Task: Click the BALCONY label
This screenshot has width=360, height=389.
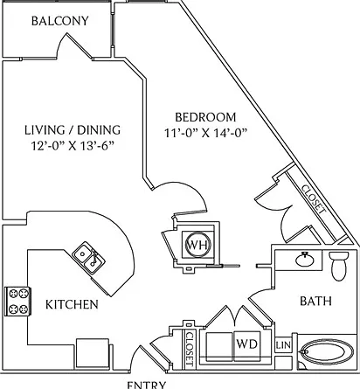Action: click(x=60, y=21)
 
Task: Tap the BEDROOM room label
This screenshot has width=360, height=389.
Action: click(x=205, y=117)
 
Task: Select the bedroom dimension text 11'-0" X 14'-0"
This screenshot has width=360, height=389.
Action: click(x=206, y=133)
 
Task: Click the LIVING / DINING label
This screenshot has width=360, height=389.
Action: click(x=73, y=130)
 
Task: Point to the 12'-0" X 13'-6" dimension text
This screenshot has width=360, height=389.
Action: click(x=73, y=146)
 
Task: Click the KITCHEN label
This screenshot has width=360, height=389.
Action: click(x=72, y=304)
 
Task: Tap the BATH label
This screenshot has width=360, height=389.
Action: click(x=315, y=301)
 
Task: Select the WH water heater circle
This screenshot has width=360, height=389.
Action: click(x=197, y=245)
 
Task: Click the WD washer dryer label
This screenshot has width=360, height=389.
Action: click(x=246, y=344)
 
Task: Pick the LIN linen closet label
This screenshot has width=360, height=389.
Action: click(x=283, y=345)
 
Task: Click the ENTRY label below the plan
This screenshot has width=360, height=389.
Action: click(x=147, y=385)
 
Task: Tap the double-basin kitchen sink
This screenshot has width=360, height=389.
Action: click(x=88, y=258)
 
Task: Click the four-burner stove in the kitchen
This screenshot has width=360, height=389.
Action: click(x=17, y=302)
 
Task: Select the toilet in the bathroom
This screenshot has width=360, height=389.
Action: click(x=339, y=266)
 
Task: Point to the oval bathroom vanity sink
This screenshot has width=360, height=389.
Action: click(x=305, y=259)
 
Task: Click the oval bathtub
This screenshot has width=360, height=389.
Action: click(x=327, y=352)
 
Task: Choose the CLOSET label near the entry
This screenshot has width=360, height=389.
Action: click(x=190, y=349)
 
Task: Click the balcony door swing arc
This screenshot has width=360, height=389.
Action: click(x=62, y=44)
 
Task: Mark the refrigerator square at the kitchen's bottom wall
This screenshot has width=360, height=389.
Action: click(x=93, y=353)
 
